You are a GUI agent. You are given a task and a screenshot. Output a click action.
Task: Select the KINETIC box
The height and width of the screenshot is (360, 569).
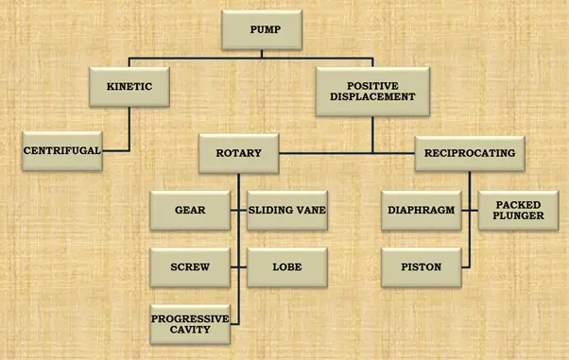[129, 87]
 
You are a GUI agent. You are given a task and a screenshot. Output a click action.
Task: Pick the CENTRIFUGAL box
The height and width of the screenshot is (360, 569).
[62, 151]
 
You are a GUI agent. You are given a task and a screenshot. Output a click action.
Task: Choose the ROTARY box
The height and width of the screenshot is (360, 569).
[238, 152]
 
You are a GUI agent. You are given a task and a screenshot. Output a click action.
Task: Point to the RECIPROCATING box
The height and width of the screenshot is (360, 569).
[469, 152]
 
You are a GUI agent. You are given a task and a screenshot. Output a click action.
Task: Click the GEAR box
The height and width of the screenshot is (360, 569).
[190, 210]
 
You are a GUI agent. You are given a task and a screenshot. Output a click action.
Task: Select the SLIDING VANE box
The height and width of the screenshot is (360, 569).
[286, 210]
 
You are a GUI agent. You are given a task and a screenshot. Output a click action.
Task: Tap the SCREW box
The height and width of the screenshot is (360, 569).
[190, 267]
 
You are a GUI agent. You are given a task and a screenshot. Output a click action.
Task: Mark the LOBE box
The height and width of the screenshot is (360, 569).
[286, 267]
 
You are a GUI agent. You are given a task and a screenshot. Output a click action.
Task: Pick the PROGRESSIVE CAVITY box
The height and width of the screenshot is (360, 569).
[190, 325]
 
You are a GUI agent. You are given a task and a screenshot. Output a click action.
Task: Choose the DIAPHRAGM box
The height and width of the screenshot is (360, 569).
[422, 210]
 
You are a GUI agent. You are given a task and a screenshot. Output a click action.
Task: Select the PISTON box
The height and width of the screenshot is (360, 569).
[422, 267]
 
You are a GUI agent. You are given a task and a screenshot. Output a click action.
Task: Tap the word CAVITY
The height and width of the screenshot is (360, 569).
[190, 332]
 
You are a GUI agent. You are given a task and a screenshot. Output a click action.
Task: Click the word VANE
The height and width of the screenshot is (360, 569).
[308, 210]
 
